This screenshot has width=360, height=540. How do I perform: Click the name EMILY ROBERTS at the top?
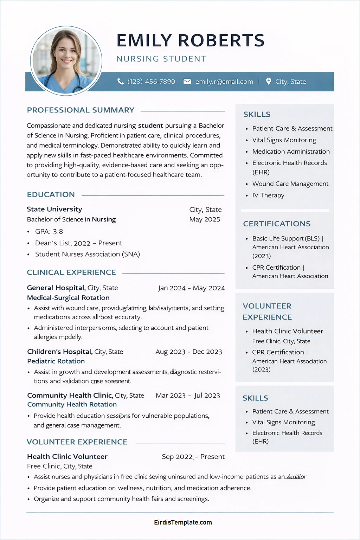(x=190, y=41)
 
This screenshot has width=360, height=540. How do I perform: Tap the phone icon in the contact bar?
(x=120, y=82)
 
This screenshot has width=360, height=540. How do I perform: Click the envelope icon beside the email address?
(x=187, y=82)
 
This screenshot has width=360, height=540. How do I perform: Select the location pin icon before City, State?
(x=269, y=82)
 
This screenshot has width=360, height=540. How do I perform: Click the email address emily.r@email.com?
(x=224, y=82)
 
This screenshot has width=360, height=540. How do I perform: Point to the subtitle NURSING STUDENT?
(x=161, y=59)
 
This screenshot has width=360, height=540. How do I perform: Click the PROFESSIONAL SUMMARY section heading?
(x=81, y=110)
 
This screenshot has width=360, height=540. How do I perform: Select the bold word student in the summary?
(x=150, y=126)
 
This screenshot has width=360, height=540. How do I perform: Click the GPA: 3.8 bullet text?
(x=49, y=231)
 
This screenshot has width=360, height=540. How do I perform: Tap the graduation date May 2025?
(x=205, y=219)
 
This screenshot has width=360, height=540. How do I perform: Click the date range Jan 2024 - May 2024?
(x=191, y=288)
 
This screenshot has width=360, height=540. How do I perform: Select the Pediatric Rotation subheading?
(x=56, y=361)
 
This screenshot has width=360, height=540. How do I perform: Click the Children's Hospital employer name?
(x=60, y=352)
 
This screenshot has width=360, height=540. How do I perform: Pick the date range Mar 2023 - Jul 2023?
(x=188, y=396)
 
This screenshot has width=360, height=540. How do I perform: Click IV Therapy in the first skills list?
(x=268, y=195)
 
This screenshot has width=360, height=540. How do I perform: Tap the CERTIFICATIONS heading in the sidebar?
(x=277, y=224)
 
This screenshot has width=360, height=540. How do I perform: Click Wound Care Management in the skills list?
(x=290, y=184)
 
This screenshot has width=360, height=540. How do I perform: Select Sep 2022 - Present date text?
(x=193, y=457)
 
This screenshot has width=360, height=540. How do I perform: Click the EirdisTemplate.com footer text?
(x=183, y=522)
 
